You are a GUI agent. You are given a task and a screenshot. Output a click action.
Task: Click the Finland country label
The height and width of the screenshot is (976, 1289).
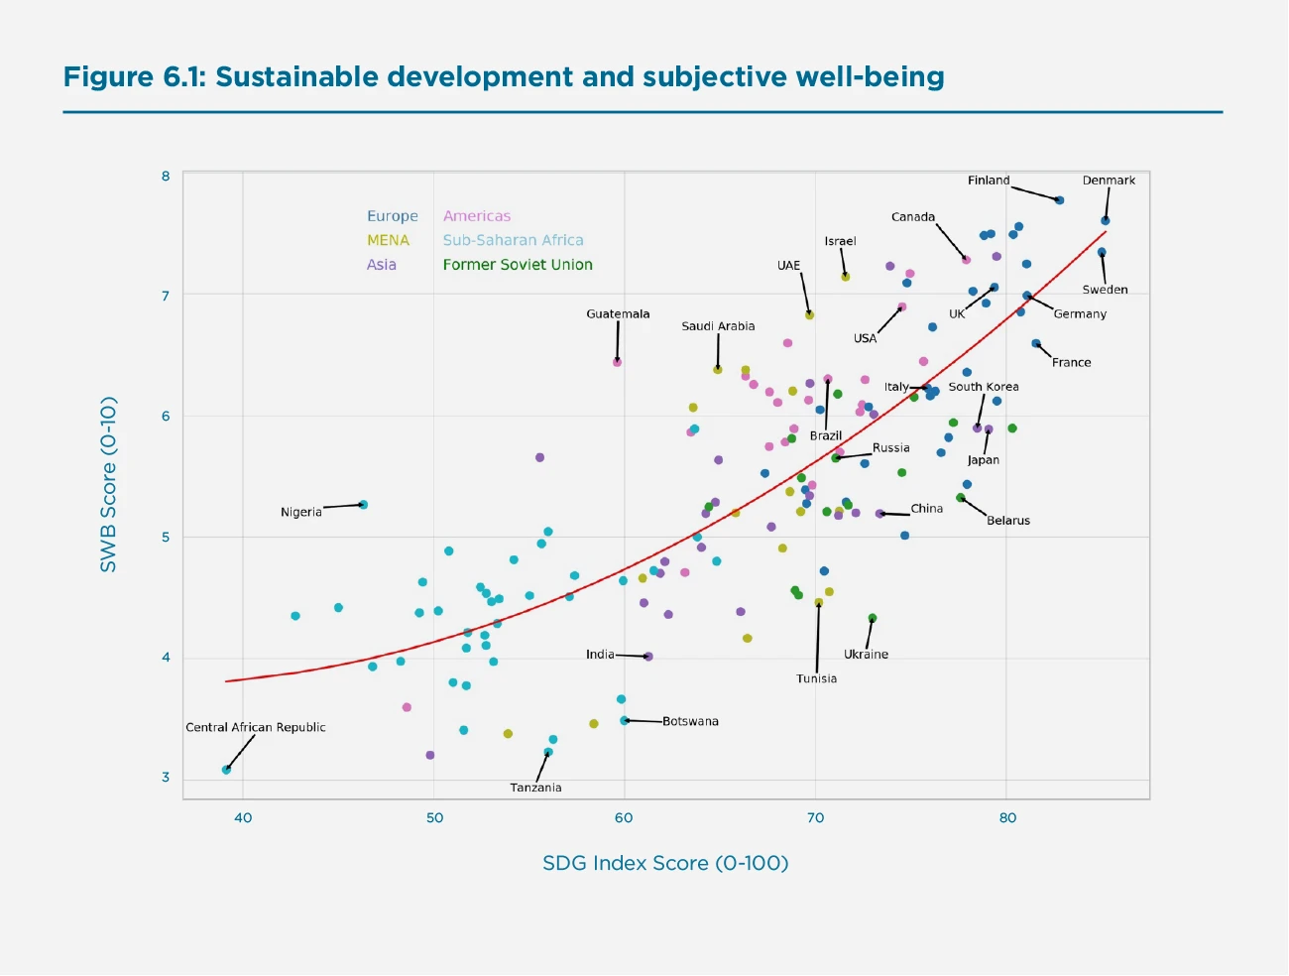click(989, 181)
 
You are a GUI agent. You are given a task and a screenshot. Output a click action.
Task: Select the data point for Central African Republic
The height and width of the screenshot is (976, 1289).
click(226, 770)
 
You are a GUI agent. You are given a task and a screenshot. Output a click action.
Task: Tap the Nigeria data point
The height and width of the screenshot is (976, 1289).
click(363, 505)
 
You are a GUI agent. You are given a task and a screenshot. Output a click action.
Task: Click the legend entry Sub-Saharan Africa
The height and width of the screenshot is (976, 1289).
click(513, 240)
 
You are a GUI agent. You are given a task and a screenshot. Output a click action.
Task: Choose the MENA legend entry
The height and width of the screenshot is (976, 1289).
click(388, 240)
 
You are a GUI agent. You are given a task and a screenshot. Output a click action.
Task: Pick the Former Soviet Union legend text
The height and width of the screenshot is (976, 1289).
click(518, 265)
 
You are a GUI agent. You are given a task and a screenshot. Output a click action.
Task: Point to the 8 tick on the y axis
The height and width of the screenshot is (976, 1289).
click(166, 177)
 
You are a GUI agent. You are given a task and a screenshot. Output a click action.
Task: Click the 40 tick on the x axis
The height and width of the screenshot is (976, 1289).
click(243, 818)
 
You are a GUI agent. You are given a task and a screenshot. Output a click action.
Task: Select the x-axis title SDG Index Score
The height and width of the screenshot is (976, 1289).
click(665, 863)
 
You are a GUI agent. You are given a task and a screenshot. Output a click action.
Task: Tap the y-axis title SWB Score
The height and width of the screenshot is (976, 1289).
click(108, 484)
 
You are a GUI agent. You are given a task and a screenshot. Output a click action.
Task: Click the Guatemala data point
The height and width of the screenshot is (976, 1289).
click(617, 363)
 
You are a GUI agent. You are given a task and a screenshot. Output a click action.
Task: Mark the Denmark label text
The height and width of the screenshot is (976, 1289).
click(1109, 181)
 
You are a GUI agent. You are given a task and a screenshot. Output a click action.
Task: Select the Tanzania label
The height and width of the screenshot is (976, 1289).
click(535, 788)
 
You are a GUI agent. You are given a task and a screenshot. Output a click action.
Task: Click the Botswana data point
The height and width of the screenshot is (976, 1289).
click(625, 721)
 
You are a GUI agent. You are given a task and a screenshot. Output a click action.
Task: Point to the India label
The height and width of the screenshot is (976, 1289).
click(600, 655)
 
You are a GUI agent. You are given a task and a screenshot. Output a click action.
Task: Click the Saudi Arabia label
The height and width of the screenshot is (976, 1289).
click(718, 326)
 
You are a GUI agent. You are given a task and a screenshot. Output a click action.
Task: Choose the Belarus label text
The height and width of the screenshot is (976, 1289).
click(1008, 521)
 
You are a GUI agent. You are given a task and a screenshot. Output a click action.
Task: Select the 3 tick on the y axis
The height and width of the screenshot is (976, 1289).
click(166, 778)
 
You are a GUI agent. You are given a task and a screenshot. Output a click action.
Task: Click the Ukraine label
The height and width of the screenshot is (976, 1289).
click(866, 655)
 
